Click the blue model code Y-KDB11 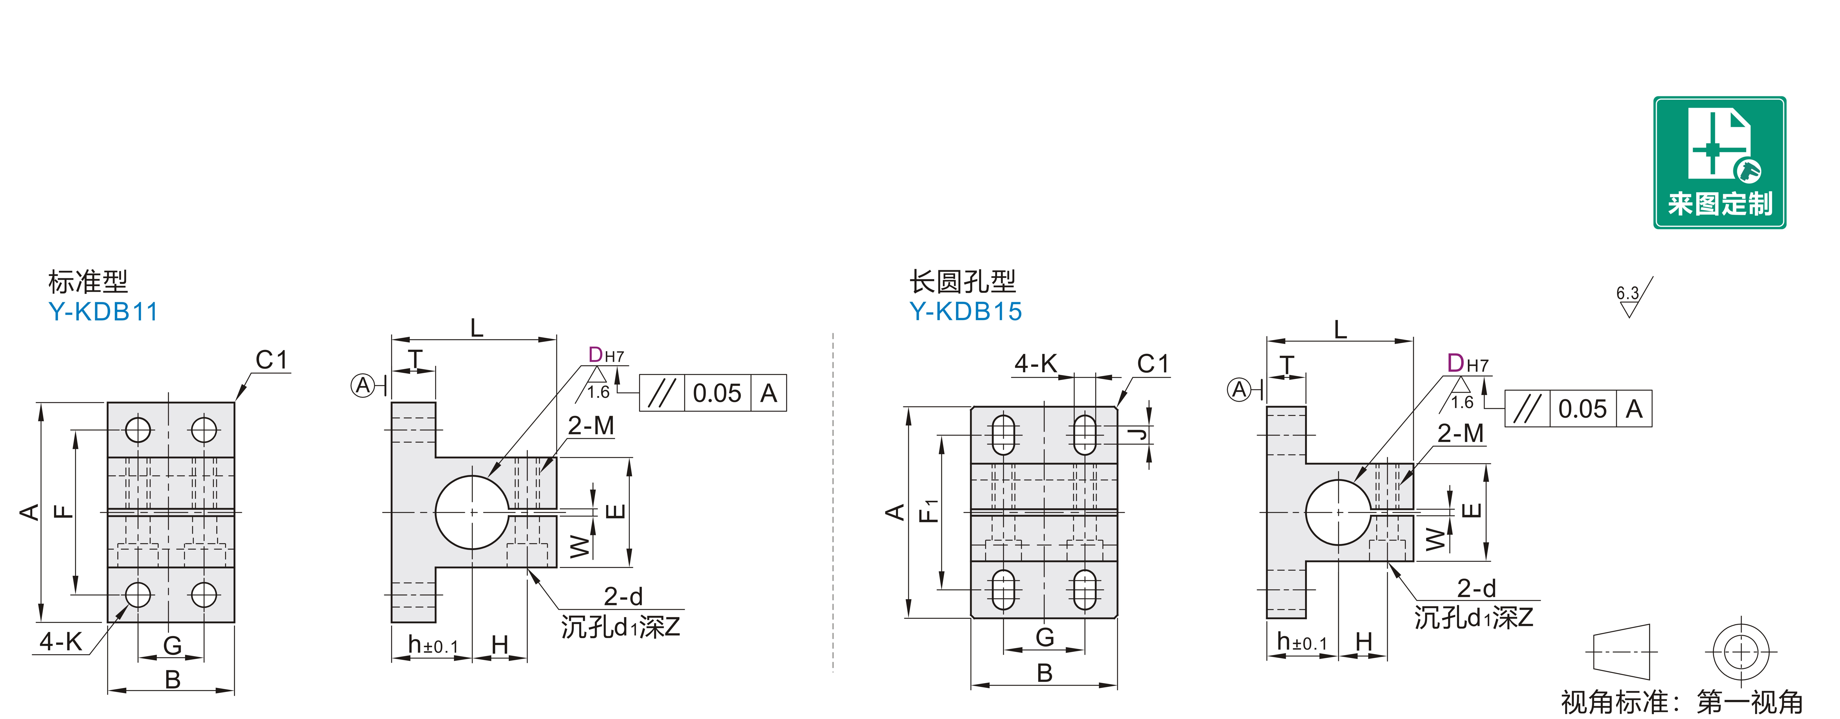coord(103,312)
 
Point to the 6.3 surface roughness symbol coord(1632,298)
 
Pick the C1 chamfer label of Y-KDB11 coord(271,360)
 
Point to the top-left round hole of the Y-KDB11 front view coord(138,430)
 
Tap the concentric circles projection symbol coord(1741,652)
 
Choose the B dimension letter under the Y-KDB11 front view coord(172,679)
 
